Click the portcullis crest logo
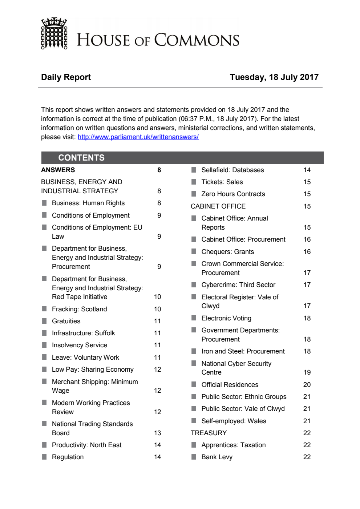[x=54, y=33]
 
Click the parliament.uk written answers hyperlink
[x=138, y=137]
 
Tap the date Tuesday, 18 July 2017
[x=274, y=77]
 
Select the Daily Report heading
[x=66, y=77]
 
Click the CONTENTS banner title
[x=81, y=158]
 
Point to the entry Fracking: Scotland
[x=79, y=309]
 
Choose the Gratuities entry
[x=66, y=321]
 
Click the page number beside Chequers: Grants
[x=307, y=252]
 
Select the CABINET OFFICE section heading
[x=218, y=206]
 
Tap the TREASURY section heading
[x=209, y=433]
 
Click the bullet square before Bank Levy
[x=194, y=457]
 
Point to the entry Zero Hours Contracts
[x=233, y=194]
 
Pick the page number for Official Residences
[x=307, y=385]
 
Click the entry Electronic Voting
[x=226, y=318]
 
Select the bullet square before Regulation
[x=44, y=457]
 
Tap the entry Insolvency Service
[x=79, y=345]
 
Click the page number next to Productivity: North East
[x=157, y=445]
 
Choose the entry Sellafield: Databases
[x=232, y=170]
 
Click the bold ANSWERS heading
[x=58, y=170]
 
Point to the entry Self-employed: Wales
[x=234, y=421]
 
